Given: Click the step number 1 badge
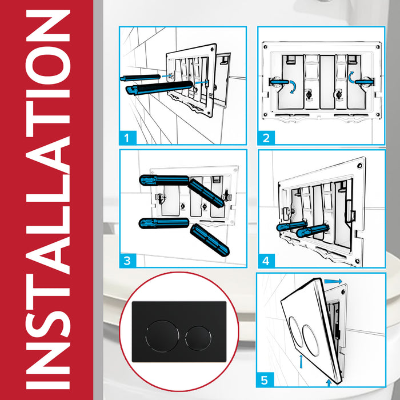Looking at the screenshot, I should (x=129, y=137).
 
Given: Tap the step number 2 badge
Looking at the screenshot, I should (x=266, y=137).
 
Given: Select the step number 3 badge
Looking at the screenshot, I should (x=129, y=261).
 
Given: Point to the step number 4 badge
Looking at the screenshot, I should (x=266, y=261).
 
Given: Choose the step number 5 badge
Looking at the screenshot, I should (x=266, y=379).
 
